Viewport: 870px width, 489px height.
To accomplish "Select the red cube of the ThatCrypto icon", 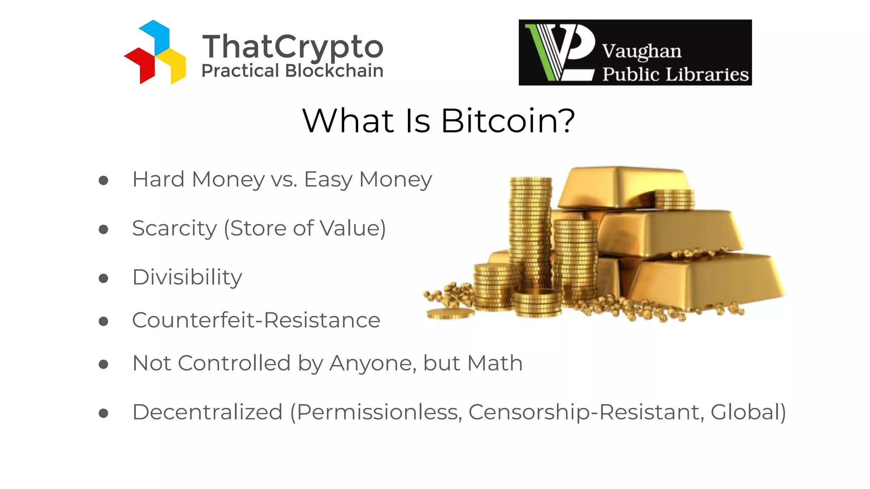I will click(140, 64).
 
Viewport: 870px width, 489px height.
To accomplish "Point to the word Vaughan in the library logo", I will click(641, 52).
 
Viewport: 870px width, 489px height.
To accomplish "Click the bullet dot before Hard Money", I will click(103, 181).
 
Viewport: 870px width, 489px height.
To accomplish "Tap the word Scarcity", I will click(174, 229).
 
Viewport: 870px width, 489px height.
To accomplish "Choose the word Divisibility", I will click(187, 278).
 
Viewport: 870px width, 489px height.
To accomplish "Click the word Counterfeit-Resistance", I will click(256, 320).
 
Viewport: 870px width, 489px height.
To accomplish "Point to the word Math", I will click(494, 364).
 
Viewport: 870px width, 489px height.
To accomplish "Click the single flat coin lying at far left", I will click(450, 314).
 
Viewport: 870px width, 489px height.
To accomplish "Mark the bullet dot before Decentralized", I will click(103, 413).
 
